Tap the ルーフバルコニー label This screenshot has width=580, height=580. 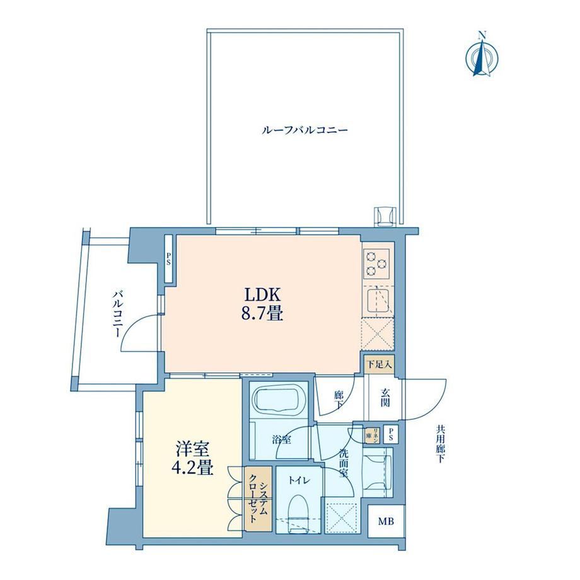[304, 130]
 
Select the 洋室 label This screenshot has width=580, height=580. [192, 449]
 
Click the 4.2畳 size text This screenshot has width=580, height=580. [192, 468]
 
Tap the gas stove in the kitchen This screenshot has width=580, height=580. [376, 264]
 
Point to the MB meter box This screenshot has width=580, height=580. [386, 521]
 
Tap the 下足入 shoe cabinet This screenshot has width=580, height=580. [379, 364]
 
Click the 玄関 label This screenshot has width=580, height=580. [385, 398]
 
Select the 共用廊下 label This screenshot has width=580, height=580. [440, 444]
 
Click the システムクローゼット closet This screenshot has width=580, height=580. [258, 499]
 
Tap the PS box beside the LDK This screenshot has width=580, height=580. [168, 259]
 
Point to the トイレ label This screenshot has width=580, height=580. [299, 481]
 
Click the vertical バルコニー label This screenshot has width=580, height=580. [118, 314]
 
